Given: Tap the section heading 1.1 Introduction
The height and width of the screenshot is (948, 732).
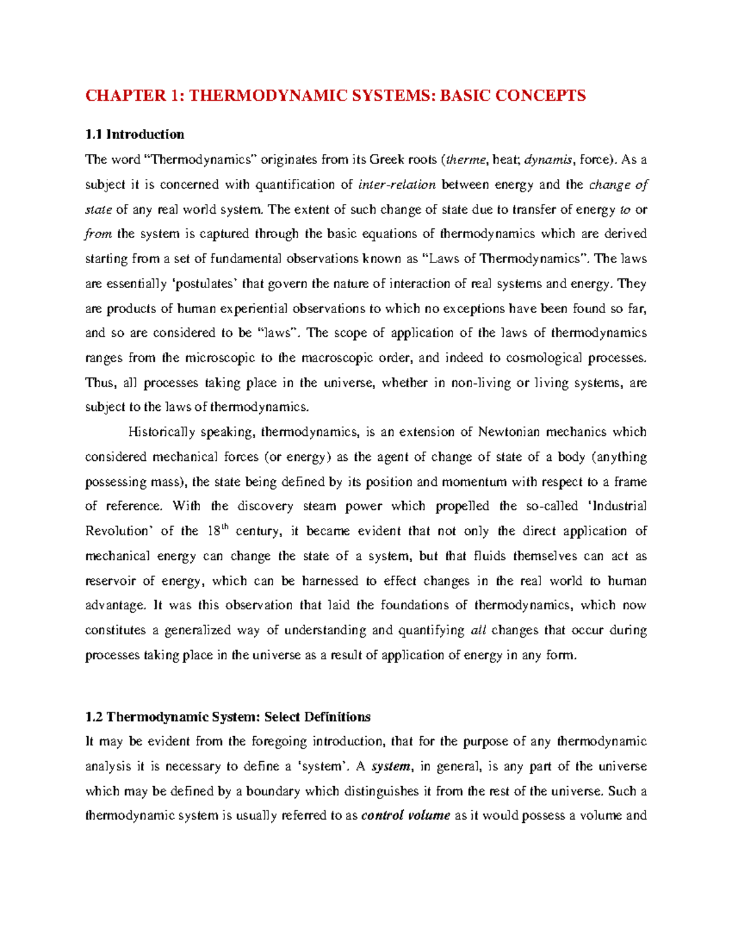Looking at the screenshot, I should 135,134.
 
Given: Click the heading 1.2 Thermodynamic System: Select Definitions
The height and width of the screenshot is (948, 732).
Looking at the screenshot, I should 228,716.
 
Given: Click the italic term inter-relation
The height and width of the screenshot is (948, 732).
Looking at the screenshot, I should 398,184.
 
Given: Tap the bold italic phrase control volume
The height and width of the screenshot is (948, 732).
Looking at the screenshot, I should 406,816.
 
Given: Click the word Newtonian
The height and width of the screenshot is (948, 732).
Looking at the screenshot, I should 509,432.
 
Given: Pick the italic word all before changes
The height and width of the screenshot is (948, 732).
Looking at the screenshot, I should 479,630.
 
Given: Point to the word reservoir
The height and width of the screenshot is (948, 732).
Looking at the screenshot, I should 111,581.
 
